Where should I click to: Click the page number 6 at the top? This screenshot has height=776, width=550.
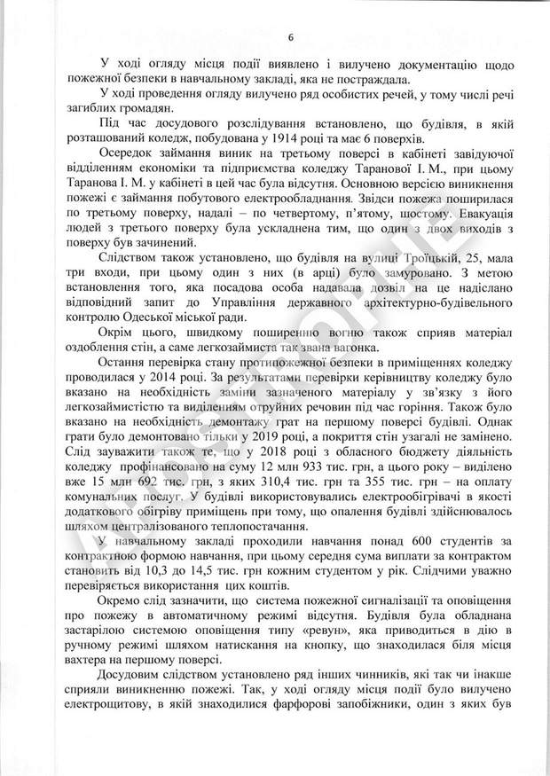point(289,36)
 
